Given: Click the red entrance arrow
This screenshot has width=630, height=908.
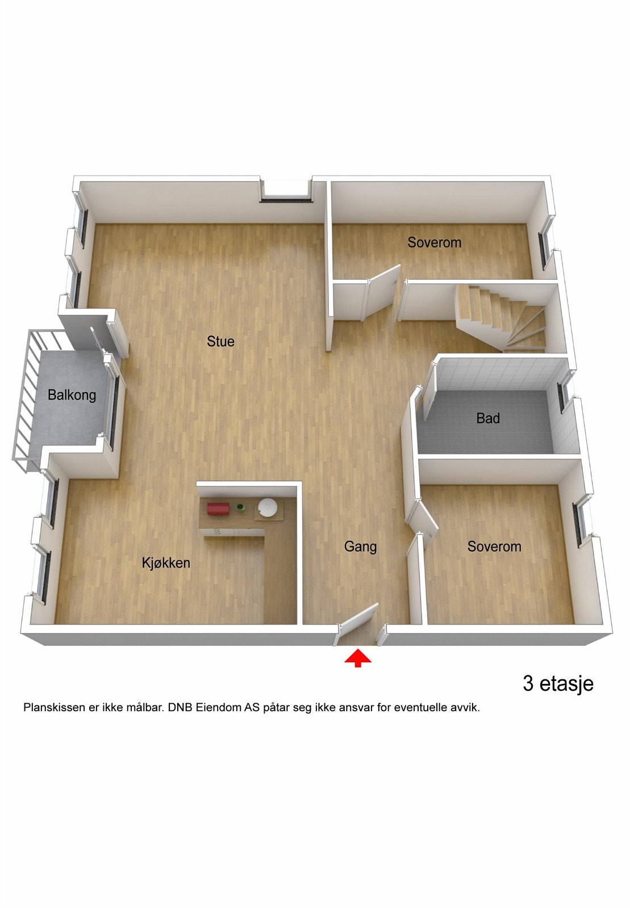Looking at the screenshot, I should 358,658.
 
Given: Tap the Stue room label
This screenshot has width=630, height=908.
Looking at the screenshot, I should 220,342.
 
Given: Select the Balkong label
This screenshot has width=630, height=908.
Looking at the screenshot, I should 72,395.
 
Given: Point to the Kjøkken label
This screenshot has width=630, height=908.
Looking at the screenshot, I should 166,563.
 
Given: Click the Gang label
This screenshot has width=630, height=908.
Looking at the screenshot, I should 360,547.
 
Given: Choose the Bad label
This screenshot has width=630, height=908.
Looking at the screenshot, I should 488,419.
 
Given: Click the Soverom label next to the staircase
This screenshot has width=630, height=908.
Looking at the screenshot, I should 434,243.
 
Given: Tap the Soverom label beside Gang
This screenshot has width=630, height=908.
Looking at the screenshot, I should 494,547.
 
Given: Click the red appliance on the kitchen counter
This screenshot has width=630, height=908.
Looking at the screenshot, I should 218,508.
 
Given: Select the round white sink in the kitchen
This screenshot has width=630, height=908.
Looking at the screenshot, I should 268,507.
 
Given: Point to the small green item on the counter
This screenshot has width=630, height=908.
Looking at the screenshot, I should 240,507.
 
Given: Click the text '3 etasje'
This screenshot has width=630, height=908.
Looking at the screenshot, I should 558,684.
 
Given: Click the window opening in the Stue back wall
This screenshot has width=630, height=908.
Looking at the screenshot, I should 286,190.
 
